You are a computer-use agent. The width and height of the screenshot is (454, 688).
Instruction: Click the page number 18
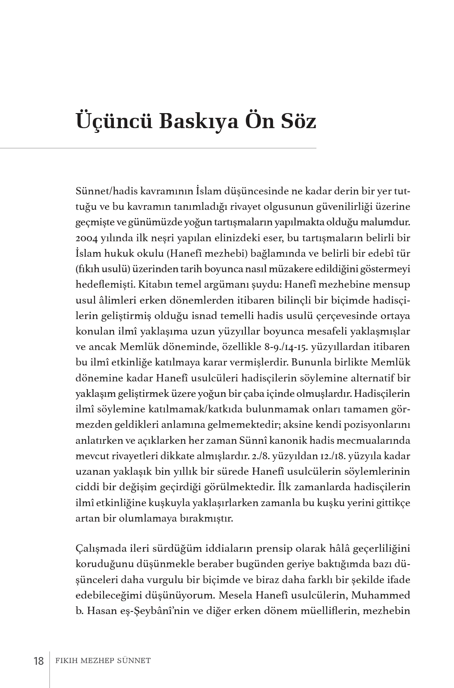pos(39,661)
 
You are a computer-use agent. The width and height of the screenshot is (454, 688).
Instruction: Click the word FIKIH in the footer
pos(67,660)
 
